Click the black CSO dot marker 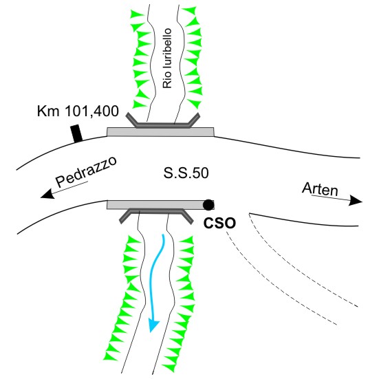(x=208, y=205)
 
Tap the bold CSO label (x=219, y=223)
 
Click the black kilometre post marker (x=76, y=133)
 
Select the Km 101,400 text (x=78, y=111)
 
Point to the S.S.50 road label (x=186, y=173)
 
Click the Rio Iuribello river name (x=167, y=58)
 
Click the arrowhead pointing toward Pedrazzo (x=47, y=194)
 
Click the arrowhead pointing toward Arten (x=356, y=200)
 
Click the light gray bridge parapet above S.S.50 (x=160, y=132)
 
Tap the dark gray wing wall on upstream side (x=163, y=125)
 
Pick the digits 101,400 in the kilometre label (x=92, y=111)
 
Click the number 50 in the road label (x=201, y=173)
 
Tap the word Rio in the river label (x=167, y=80)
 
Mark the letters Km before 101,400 (x=48, y=111)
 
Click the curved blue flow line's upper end (x=164, y=235)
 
